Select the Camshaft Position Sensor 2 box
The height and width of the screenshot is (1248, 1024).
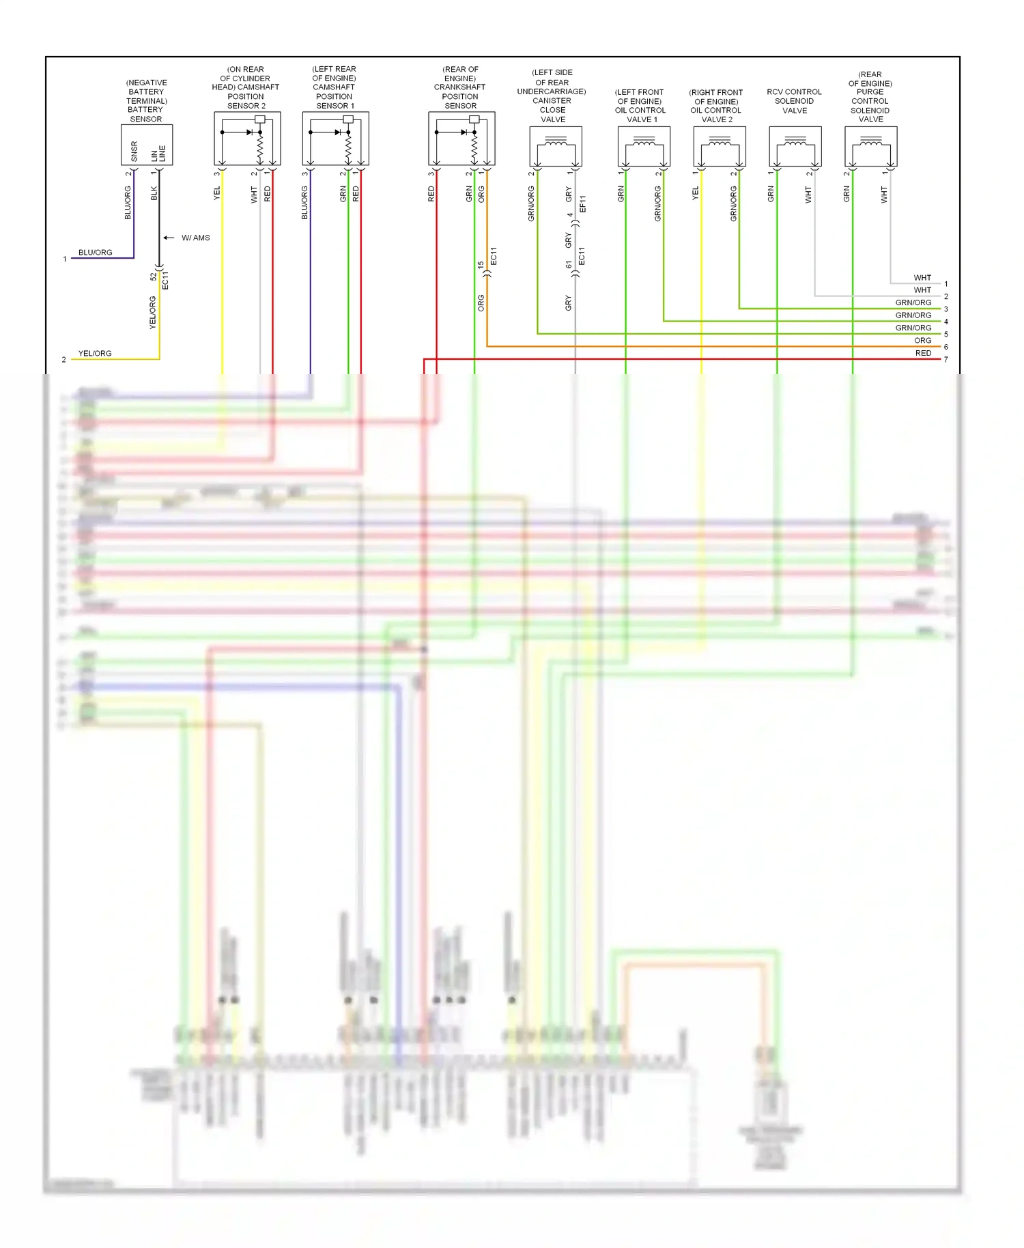pos(247,139)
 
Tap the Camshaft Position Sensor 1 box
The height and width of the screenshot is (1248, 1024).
pos(335,139)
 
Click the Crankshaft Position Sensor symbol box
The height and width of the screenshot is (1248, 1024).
pos(461,139)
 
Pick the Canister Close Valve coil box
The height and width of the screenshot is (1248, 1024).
pos(556,146)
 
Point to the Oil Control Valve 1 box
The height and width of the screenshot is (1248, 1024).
pos(644,146)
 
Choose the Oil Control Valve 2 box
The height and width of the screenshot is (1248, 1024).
pos(720,146)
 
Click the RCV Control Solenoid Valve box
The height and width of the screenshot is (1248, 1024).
pos(795,146)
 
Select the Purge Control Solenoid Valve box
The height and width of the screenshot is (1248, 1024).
pos(871,146)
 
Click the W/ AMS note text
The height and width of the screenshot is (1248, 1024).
pos(196,238)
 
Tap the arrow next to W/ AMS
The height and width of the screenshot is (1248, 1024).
pos(169,238)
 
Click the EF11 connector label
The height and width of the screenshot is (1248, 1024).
pos(582,203)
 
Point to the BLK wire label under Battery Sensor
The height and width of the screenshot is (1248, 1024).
pos(154,193)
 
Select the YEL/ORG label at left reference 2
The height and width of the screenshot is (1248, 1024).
pos(95,353)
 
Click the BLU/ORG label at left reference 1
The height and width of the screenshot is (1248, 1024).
pos(95,253)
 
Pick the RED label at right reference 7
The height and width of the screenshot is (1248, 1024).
pos(923,353)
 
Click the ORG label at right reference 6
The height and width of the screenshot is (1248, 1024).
pos(923,340)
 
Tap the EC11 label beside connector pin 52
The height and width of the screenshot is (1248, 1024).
pos(165,280)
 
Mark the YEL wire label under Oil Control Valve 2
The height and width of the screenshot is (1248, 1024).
pos(696,193)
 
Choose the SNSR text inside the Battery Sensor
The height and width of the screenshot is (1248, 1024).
pos(134,152)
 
